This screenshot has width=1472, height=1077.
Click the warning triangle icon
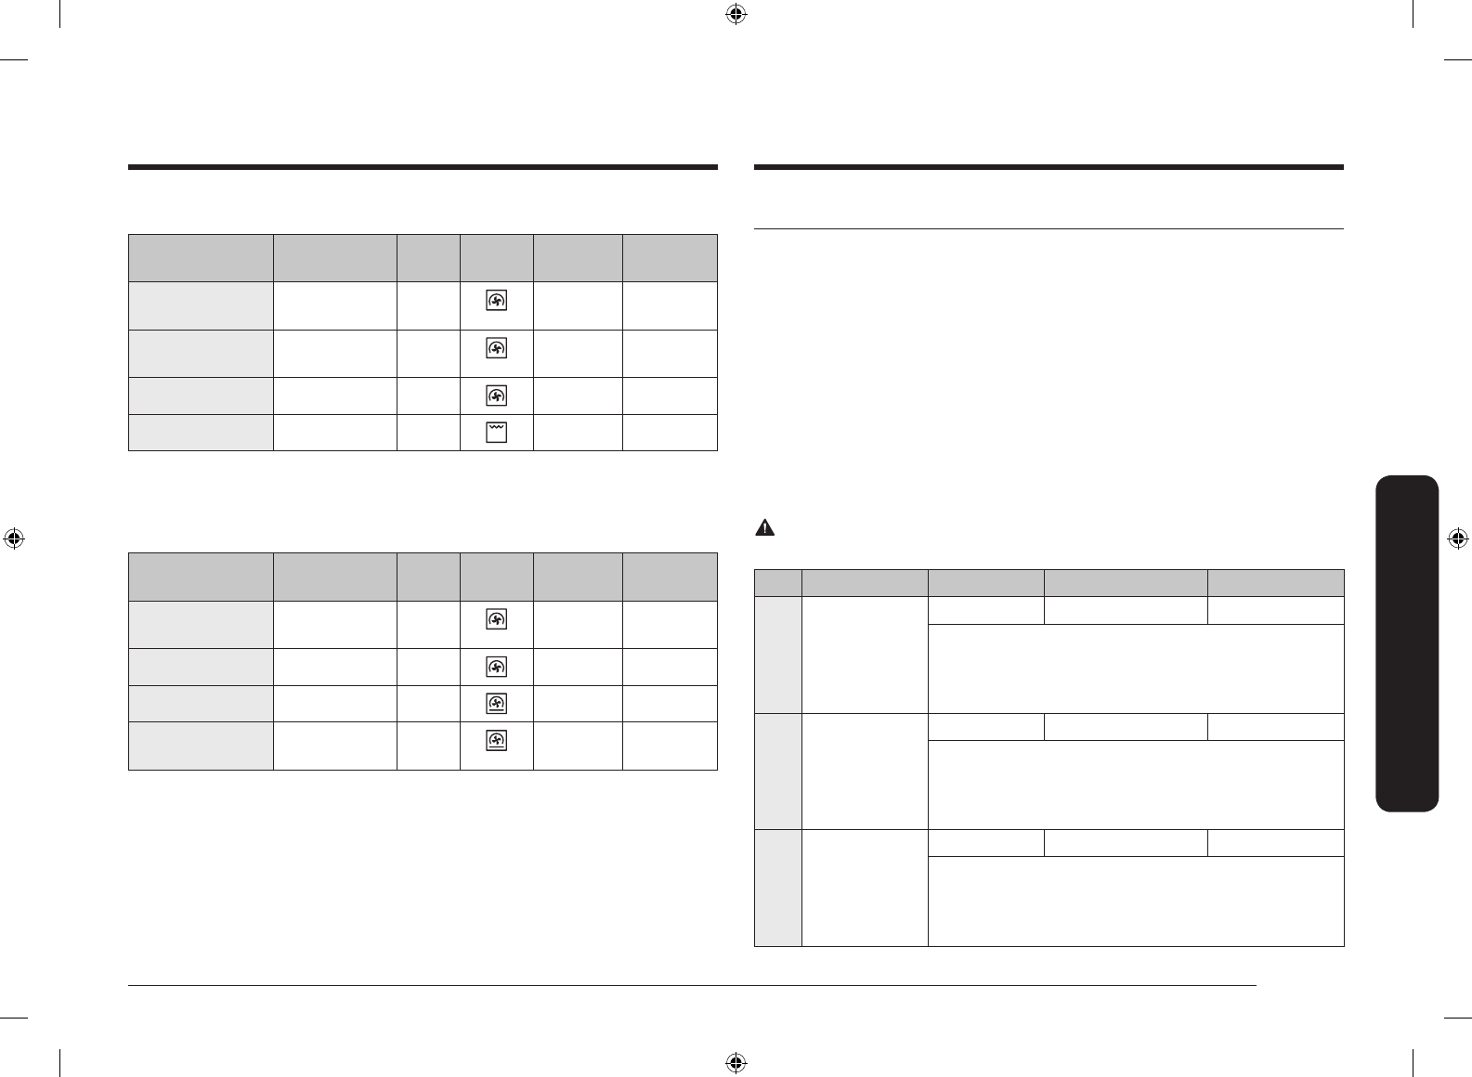[763, 528]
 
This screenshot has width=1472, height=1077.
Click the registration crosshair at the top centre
[736, 14]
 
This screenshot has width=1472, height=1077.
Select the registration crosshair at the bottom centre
[736, 1062]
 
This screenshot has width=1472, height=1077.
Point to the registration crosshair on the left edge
[14, 538]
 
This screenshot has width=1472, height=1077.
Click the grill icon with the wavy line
[497, 432]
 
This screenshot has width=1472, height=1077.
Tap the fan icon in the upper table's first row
[497, 302]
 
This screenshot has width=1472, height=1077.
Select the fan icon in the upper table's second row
[497, 349]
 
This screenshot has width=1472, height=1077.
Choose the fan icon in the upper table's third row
[497, 396]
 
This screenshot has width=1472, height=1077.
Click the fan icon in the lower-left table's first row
[497, 620]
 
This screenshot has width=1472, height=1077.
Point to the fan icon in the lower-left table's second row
[497, 667]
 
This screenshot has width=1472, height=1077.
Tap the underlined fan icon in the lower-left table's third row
[497, 704]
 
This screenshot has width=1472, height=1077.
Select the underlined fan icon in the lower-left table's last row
[497, 742]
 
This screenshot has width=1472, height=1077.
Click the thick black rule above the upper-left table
[423, 167]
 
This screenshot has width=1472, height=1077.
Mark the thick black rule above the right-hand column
[1049, 167]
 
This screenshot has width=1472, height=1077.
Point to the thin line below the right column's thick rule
[1049, 227]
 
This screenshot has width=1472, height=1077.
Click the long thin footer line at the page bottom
[692, 986]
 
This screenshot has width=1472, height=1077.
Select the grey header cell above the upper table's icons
[497, 258]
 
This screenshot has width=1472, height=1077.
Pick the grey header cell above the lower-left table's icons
[497, 577]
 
